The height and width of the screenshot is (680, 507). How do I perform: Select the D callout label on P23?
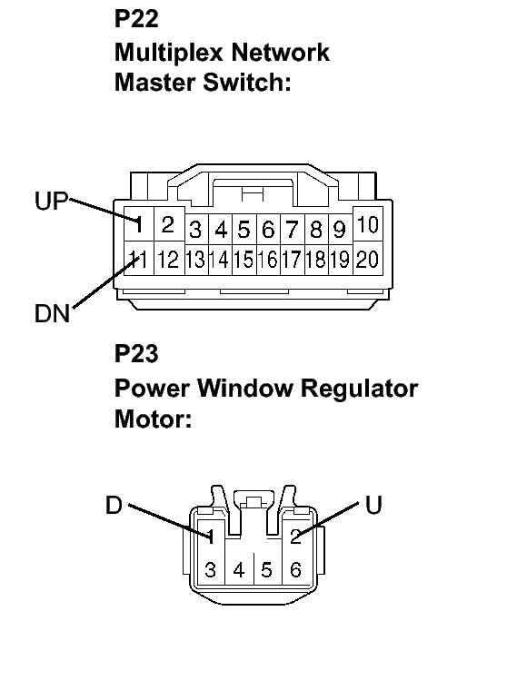[114, 505]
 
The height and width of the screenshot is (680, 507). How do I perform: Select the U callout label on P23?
[373, 505]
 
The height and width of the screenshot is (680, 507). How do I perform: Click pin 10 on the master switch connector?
[366, 224]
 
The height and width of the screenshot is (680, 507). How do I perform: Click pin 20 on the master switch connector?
[366, 259]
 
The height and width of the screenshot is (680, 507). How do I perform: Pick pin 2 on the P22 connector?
[167, 224]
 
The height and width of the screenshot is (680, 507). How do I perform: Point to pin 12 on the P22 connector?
[167, 260]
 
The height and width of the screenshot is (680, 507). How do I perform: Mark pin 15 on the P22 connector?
[244, 260]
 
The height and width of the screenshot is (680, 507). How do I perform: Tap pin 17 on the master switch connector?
[292, 260]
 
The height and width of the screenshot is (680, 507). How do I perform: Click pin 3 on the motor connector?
[210, 570]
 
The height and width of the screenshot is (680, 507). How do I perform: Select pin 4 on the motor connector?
[238, 570]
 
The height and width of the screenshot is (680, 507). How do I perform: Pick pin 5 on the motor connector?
[267, 570]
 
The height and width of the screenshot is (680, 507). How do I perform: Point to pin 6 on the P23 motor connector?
[295, 570]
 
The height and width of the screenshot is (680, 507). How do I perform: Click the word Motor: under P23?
[153, 420]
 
